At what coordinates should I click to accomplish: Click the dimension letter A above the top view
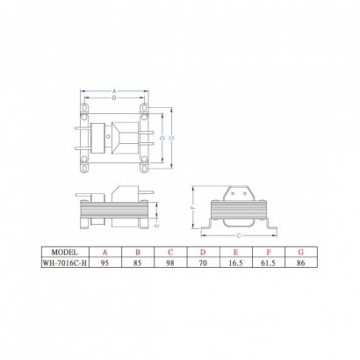coord(114,90)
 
